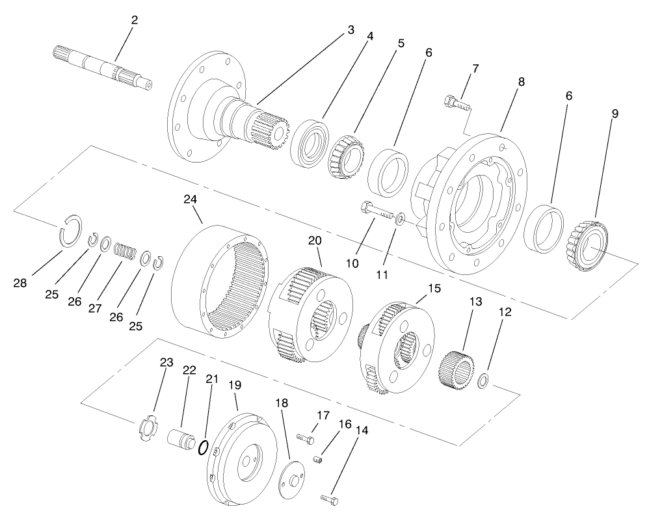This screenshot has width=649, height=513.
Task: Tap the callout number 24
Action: [x=191, y=200]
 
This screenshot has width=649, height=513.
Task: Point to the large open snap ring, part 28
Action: [x=72, y=230]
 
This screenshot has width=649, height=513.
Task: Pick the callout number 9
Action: [x=615, y=113]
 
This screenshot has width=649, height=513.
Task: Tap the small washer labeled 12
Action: [x=483, y=380]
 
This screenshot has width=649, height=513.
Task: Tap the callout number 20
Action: [x=315, y=241]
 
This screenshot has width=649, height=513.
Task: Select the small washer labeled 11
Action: [x=401, y=218]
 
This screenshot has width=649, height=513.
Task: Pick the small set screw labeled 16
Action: [x=318, y=460]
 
